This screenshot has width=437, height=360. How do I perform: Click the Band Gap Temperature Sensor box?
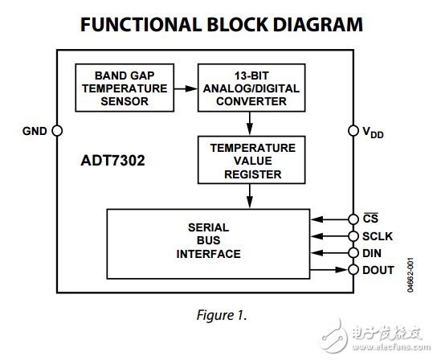[x=121, y=88]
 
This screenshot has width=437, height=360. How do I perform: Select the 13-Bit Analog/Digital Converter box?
[x=251, y=88]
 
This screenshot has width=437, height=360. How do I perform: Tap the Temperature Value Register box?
[x=251, y=161]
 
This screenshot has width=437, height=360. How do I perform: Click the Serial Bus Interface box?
[x=209, y=242]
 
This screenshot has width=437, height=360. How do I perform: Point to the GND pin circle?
[x=57, y=131]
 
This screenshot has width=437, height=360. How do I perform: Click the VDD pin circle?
[x=353, y=131]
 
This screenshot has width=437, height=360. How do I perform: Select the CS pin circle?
[x=353, y=219]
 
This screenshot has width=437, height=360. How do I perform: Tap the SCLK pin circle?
[x=353, y=236]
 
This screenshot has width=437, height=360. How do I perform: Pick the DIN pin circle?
[x=353, y=253]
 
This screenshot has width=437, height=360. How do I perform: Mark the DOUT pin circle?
[x=353, y=270]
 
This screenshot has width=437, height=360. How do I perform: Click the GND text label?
[x=35, y=131]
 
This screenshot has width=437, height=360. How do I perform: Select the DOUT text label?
[x=378, y=270]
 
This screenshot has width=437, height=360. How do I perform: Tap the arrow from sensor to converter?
[x=182, y=88]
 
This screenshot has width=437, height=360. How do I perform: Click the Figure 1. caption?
[x=218, y=314]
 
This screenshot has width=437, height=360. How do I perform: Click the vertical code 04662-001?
[x=411, y=273]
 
